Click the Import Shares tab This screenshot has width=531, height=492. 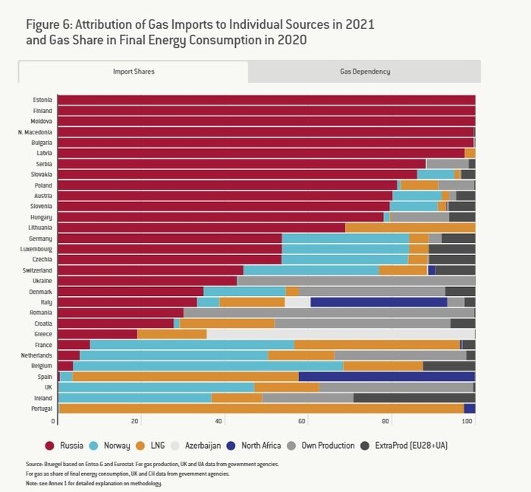(x=133, y=71)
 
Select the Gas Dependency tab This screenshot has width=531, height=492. (x=364, y=71)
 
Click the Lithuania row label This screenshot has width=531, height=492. (x=39, y=227)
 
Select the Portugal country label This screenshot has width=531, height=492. (x=40, y=408)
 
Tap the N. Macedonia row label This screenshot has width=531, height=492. (x=36, y=132)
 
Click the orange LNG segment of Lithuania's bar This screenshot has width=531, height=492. (x=410, y=227)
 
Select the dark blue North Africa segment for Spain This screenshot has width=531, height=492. (x=386, y=376)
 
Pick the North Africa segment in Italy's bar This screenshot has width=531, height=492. (x=379, y=301)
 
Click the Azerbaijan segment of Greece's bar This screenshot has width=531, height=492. (x=341, y=333)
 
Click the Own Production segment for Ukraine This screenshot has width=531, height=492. (x=356, y=280)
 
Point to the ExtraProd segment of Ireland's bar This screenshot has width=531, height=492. (x=414, y=397)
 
